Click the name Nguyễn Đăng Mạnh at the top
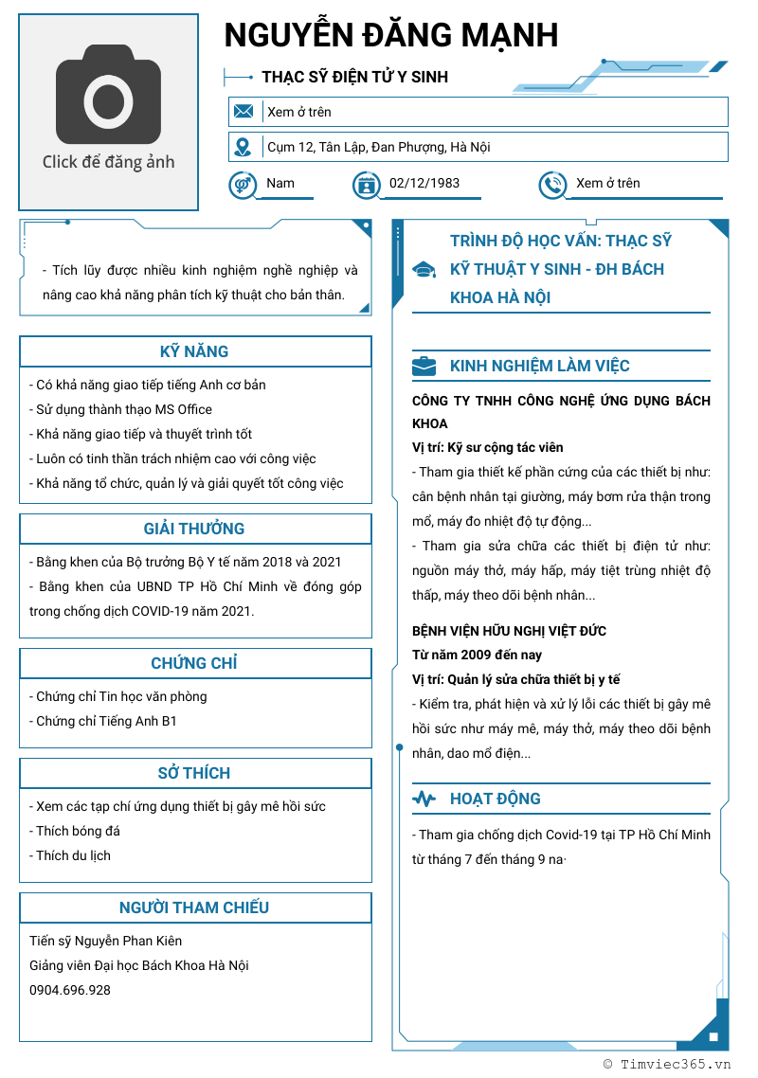coord(390,36)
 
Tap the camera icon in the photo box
coord(108,94)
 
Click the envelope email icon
coord(244,112)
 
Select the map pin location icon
coord(244,147)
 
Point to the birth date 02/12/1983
coord(424,184)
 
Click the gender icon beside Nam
coord(243,184)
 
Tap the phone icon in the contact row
coord(551,185)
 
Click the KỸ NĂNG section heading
coord(194,351)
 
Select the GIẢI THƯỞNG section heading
coord(194,529)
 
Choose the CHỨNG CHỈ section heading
coord(194,663)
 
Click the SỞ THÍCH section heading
coord(194,773)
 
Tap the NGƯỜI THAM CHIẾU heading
coord(194,907)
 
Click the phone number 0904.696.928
coord(70,990)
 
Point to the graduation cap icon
coord(424,270)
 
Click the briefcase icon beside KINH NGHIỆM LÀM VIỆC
coord(424,366)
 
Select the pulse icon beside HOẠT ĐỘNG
coord(424,799)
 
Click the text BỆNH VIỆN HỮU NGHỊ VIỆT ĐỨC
coord(509,631)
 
